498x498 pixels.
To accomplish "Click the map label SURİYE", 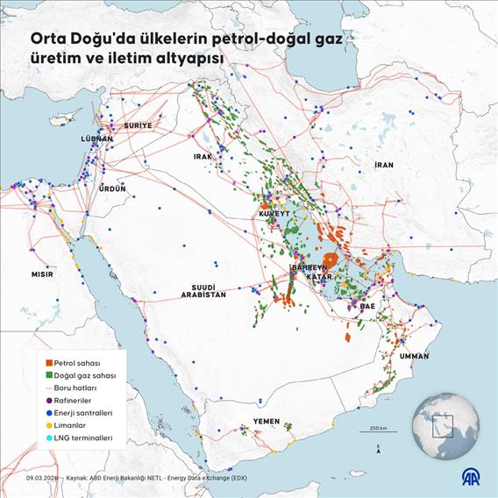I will point(138,125).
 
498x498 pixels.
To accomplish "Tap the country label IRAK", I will point(203,156).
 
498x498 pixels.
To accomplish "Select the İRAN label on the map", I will point(384,165).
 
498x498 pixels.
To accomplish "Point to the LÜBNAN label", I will point(96,139).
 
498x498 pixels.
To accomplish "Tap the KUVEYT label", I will point(274,214).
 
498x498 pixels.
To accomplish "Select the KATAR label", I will point(317,277).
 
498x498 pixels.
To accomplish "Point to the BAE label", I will point(367,307).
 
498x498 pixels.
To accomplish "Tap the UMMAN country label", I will point(414,357).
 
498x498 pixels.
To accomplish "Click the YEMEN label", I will point(267,422).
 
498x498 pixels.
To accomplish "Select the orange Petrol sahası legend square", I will point(48,361).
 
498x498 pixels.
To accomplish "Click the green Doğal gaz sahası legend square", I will point(48,374).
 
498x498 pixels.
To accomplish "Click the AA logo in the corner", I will point(476,476).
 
